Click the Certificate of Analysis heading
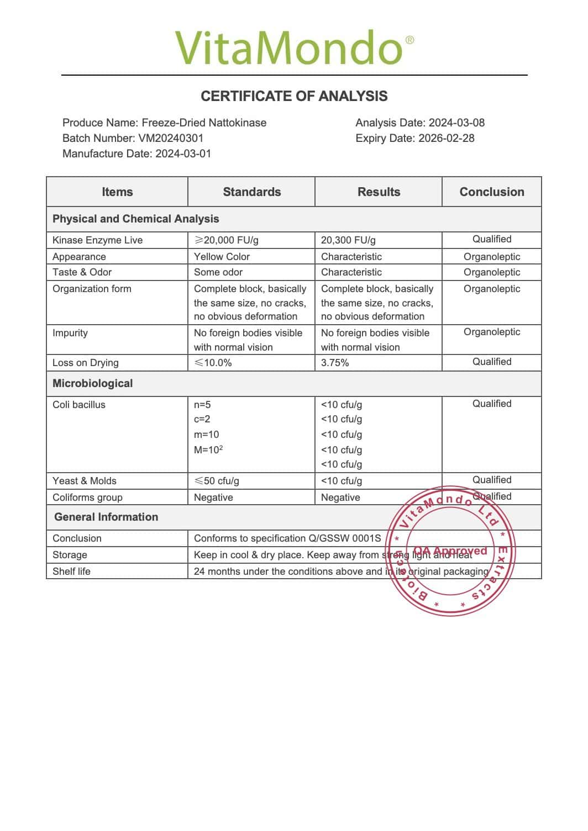click(x=294, y=96)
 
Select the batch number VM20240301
click(x=171, y=138)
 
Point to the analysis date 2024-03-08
click(x=456, y=123)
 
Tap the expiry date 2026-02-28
click(x=446, y=138)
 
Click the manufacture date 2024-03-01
click(x=183, y=154)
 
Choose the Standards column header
click(x=251, y=192)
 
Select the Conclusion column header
click(x=491, y=192)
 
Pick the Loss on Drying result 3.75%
click(x=335, y=363)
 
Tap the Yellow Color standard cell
click(x=222, y=257)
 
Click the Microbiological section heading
click(x=92, y=383)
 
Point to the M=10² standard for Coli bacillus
click(x=208, y=449)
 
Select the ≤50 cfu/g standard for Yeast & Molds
click(x=217, y=481)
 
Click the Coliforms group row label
click(x=87, y=497)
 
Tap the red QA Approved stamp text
click(x=450, y=551)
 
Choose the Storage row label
click(x=70, y=555)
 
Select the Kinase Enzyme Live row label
click(x=97, y=240)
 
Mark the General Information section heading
click(x=106, y=517)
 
